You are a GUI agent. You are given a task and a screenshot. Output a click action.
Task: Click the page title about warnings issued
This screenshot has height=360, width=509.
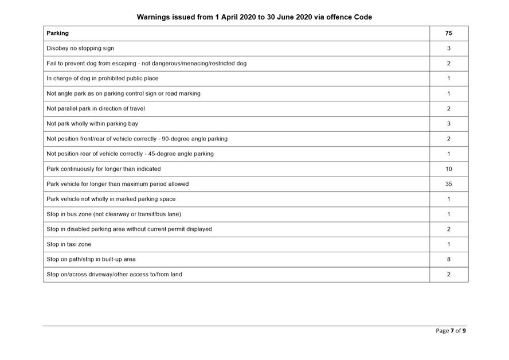point(254,17)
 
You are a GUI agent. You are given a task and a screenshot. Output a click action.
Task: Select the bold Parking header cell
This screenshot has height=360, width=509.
point(57,33)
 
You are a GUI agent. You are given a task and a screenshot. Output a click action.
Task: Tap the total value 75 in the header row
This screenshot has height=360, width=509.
point(448,33)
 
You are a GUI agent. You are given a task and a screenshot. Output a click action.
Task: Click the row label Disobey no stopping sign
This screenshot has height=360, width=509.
point(80,49)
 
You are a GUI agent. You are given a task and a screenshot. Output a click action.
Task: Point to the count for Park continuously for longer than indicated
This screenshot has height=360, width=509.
point(448,169)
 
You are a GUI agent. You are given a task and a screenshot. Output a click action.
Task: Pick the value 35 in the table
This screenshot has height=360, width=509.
point(448,184)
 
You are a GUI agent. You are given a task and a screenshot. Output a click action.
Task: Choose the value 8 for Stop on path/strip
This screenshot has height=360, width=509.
point(448,259)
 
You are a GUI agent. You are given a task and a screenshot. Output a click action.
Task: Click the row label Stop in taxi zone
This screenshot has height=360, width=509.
point(69,244)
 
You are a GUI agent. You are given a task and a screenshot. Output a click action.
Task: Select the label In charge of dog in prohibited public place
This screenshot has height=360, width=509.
point(103,79)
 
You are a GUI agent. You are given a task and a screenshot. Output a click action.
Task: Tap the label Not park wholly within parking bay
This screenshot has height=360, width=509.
point(92,124)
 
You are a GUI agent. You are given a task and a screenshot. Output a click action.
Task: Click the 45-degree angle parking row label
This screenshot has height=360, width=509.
point(130,154)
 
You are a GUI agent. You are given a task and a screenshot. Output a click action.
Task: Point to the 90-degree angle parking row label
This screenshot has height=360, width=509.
point(137,139)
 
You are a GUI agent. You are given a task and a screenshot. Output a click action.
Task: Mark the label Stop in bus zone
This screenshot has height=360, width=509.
point(113,214)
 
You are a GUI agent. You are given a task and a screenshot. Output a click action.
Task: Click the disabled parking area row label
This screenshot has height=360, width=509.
point(129,229)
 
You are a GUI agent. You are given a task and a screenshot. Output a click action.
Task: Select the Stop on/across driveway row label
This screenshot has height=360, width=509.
point(114,275)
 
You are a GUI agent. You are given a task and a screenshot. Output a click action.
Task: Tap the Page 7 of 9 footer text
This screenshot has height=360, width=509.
point(451,331)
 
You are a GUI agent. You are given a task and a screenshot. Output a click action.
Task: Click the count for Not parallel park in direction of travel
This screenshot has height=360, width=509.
point(448,109)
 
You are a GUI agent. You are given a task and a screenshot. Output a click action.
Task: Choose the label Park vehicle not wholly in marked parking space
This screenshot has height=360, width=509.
point(111,199)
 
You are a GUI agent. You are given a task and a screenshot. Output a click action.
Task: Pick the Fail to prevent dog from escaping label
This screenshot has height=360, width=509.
point(146,64)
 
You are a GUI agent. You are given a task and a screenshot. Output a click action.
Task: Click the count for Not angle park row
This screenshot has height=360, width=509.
point(448,93)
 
